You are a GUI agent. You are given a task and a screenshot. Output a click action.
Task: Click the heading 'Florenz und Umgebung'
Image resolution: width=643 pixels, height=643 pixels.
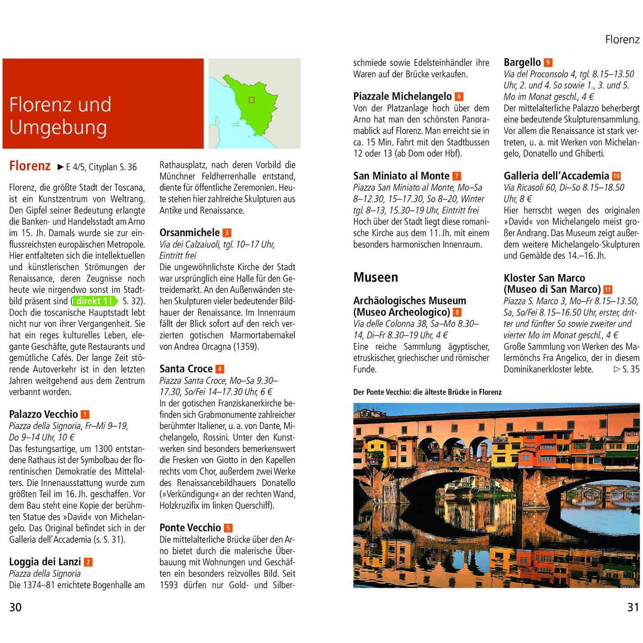point(60,115)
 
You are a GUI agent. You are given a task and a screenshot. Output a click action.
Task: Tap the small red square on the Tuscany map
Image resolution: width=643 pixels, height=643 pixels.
point(251,100)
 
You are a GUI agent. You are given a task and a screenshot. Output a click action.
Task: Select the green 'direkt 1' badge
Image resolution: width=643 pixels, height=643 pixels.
point(95,301)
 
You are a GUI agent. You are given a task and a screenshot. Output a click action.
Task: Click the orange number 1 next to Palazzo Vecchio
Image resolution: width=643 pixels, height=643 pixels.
point(85,415)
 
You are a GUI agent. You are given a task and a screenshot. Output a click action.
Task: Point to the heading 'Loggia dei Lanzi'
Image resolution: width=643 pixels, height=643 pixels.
point(45,561)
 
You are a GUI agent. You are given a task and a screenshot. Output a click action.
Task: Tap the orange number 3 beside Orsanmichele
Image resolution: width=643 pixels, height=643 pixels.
point(227,233)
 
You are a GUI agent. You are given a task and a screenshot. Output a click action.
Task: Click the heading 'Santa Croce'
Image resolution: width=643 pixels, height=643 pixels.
point(186,369)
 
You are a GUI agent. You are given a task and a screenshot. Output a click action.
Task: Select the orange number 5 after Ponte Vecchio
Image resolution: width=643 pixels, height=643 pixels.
point(228,528)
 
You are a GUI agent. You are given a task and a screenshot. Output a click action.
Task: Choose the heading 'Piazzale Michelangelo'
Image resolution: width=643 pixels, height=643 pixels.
point(402,96)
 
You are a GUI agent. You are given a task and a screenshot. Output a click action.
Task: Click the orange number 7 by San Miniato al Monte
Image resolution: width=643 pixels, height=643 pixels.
point(456,176)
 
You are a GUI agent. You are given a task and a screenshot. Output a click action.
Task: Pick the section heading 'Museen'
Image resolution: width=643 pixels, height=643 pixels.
point(375,277)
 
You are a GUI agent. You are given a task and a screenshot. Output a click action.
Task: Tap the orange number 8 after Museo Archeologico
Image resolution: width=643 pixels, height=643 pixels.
point(457,312)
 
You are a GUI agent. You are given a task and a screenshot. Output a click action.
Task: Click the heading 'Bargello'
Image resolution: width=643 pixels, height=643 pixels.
point(522,62)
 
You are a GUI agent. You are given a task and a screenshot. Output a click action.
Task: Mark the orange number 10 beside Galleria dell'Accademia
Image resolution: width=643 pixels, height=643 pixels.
point(616,176)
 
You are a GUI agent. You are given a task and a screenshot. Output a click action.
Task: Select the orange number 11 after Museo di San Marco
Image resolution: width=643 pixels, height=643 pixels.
point(607,290)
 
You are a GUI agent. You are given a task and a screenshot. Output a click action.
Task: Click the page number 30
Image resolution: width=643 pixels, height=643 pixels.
point(15,607)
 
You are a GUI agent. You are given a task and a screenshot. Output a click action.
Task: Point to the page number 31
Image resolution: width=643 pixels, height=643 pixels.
point(633,607)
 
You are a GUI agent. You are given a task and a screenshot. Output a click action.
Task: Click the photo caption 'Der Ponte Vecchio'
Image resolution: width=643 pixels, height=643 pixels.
point(427,392)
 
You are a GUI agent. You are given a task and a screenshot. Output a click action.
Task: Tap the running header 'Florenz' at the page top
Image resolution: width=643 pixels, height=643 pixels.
point(622,40)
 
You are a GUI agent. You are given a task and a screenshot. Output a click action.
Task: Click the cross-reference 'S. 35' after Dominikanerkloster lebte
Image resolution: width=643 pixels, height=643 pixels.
point(627,369)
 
